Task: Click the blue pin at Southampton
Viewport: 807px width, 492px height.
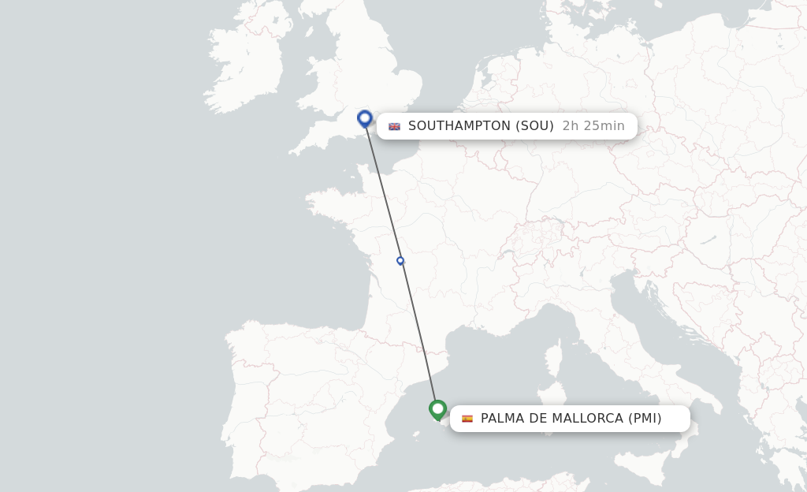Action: click(364, 118)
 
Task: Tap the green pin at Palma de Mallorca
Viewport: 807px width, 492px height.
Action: click(437, 409)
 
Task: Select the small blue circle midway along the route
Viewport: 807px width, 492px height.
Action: click(400, 260)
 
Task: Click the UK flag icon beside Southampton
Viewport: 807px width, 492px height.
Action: click(394, 126)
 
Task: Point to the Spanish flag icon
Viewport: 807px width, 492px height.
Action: click(467, 419)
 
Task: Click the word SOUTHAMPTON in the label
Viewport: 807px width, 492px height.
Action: click(459, 126)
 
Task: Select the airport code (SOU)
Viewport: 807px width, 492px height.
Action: click(534, 126)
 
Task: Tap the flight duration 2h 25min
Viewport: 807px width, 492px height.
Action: click(593, 126)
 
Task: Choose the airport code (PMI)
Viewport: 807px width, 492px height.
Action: click(645, 419)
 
